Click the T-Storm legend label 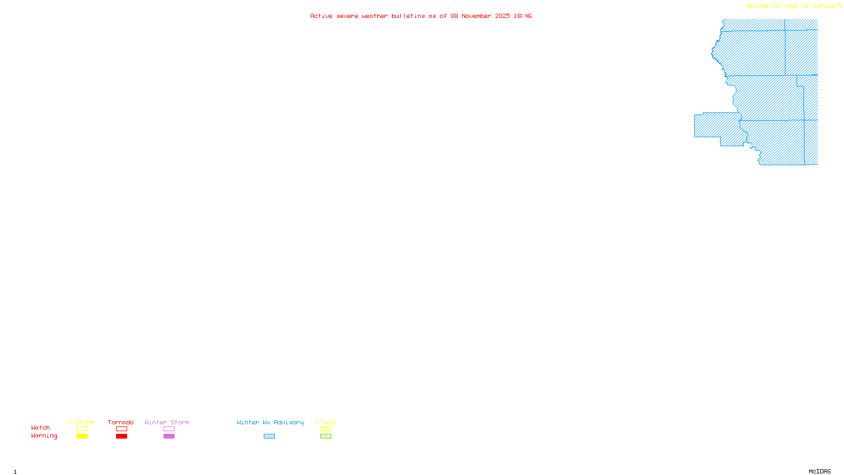81,422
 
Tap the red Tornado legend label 121,422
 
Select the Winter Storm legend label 167,422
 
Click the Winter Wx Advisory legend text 270,422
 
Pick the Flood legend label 325,422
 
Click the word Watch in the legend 41,427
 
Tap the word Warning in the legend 44,436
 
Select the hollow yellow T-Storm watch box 82,429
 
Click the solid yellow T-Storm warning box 82,436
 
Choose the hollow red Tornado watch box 121,429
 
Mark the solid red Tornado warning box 121,436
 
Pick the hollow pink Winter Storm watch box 169,429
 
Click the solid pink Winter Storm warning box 169,436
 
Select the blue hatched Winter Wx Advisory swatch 269,436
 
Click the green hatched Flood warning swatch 325,436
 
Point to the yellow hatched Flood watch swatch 325,429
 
